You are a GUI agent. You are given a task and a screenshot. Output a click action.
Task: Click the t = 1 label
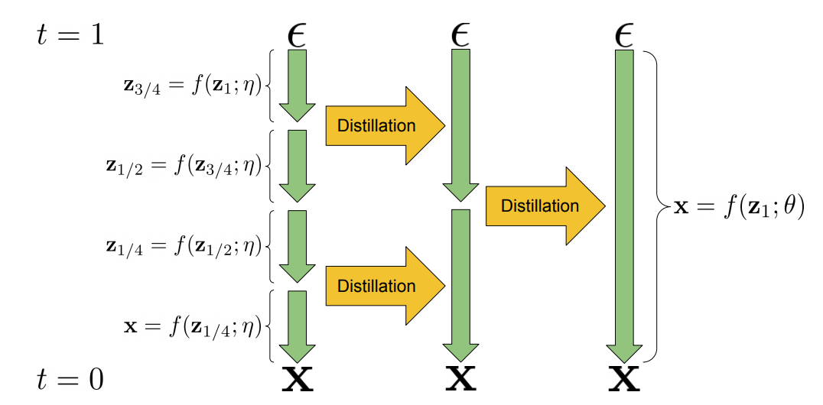coord(70,37)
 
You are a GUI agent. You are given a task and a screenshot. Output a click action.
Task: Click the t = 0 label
coord(70,380)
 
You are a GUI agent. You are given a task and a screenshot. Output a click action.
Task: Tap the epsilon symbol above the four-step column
coord(297,37)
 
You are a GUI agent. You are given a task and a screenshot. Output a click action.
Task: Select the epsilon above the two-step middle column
coord(461,37)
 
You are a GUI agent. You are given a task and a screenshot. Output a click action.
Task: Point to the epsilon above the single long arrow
coord(624,37)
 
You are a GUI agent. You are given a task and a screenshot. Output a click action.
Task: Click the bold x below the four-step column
coord(298,379)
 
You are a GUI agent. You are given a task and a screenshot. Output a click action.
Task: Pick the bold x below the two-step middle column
coord(461,379)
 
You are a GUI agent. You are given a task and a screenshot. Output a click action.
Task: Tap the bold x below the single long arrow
coord(624,379)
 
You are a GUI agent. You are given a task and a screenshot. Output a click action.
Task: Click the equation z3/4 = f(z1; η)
coord(191,87)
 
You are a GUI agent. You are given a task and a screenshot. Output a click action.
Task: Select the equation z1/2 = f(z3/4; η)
coord(183,167)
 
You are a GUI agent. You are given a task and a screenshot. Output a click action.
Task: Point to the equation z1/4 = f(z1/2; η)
coord(183,248)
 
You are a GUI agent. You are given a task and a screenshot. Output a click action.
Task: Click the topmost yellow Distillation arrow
coord(385,126)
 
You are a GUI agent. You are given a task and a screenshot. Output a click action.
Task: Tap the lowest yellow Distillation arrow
coord(385,286)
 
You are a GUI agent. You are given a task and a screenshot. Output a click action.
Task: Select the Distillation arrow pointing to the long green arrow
coord(546,206)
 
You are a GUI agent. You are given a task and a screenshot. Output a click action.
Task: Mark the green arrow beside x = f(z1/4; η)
coord(297,326)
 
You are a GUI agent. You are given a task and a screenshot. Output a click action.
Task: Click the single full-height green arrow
coord(624,206)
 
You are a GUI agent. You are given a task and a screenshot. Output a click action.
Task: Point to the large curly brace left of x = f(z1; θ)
coord(656,206)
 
